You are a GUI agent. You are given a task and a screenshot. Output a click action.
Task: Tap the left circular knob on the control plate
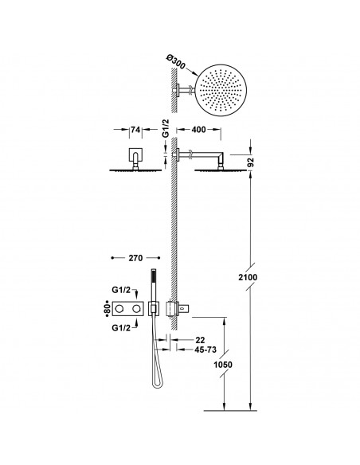(124, 307)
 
